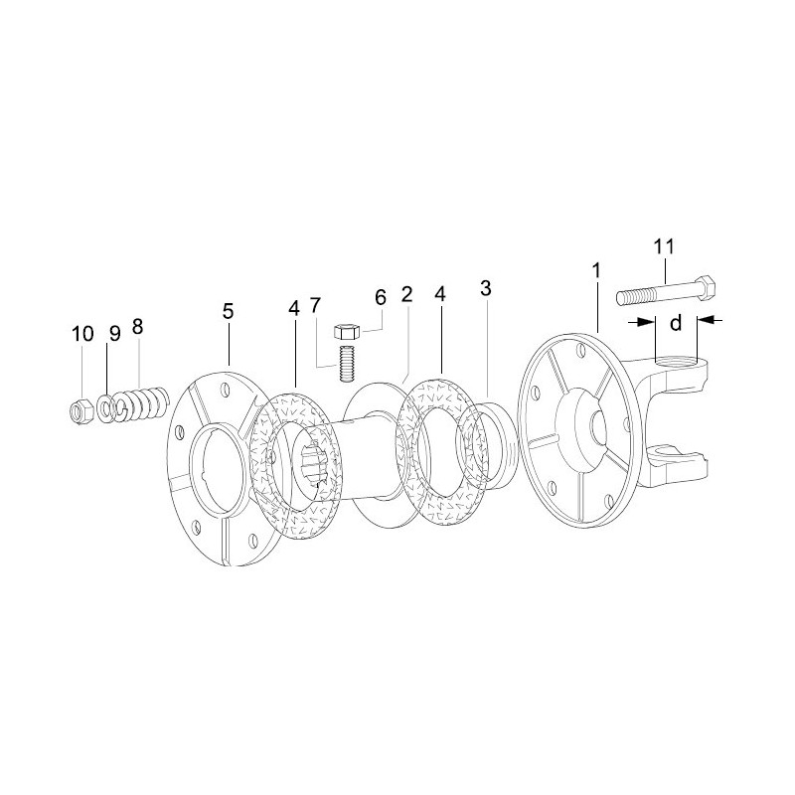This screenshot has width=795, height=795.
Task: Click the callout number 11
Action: [x=664, y=246]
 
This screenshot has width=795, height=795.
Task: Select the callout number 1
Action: [x=597, y=270]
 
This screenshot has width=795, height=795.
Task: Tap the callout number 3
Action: [x=485, y=288]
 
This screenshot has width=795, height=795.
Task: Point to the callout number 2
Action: [x=406, y=294]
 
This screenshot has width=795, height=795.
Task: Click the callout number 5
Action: [x=229, y=311]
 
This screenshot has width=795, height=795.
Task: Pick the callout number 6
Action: [x=381, y=297]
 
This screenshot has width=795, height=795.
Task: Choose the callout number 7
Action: [x=315, y=305]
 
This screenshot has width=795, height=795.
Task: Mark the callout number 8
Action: [x=137, y=327]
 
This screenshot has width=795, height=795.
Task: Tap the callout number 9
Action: [x=115, y=334]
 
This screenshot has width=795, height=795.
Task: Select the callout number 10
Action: [x=82, y=334]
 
